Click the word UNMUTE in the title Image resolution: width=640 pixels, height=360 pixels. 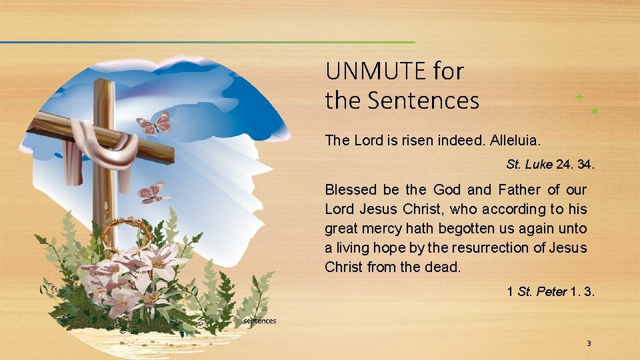tap(375, 71)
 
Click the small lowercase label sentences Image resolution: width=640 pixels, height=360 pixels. tap(260, 321)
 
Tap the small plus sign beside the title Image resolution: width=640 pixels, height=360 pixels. tap(579, 97)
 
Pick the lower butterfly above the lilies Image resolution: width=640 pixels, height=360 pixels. tap(153, 193)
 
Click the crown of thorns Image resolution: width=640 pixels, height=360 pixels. tap(126, 233)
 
